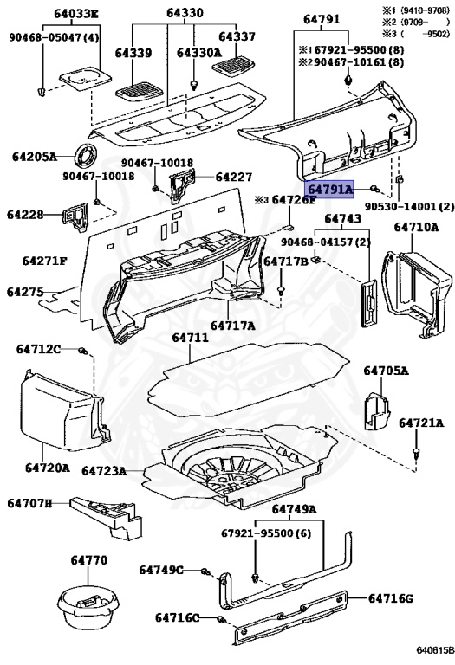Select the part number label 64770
coord(89,561)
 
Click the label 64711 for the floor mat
coord(190,337)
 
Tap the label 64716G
coord(392,598)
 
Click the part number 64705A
coord(386,371)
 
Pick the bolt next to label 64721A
coord(417,452)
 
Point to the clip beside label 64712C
coord(82,351)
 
